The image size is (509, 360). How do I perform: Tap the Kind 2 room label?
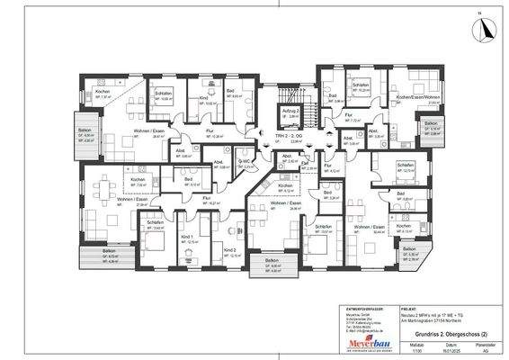[228, 249]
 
